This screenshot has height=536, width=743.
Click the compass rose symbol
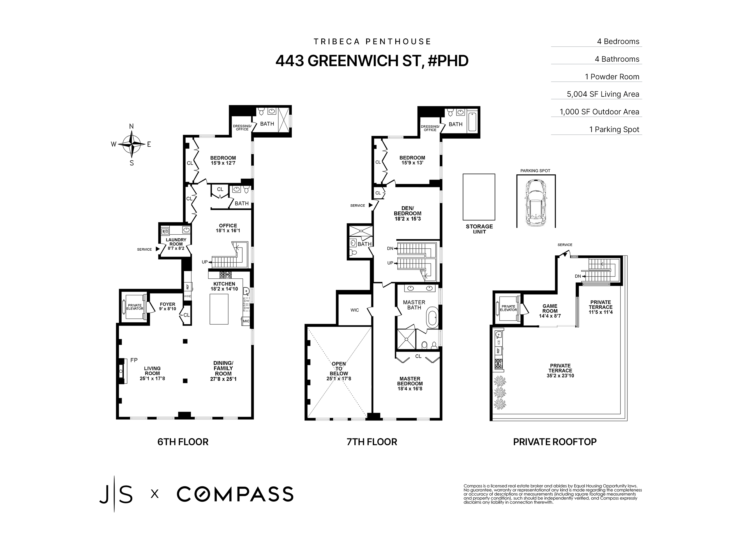pyautogui.click(x=131, y=144)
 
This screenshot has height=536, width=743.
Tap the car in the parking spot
pyautogui.click(x=536, y=202)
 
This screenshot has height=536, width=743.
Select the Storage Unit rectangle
pyautogui.click(x=479, y=197)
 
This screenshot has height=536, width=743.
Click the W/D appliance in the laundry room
pyautogui.click(x=165, y=231)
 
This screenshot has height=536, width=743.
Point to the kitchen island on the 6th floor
pyautogui.click(x=219, y=309)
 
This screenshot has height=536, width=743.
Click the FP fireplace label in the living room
pyautogui.click(x=134, y=360)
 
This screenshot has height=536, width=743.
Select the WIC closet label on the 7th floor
pyautogui.click(x=354, y=310)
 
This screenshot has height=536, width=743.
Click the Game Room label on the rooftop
pyautogui.click(x=550, y=311)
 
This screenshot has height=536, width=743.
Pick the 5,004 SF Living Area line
pyautogui.click(x=603, y=94)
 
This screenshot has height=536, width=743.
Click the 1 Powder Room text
pyautogui.click(x=612, y=77)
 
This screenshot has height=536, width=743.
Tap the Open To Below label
pyautogui.click(x=339, y=369)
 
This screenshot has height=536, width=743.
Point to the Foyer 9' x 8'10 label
pyautogui.click(x=167, y=306)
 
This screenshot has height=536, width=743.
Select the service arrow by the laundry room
pyautogui.click(x=158, y=249)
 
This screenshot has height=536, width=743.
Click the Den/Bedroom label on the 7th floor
pyautogui.click(x=408, y=213)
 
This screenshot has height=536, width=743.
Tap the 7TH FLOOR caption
pyautogui.click(x=371, y=442)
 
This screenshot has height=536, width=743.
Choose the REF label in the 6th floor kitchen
pyautogui.click(x=187, y=286)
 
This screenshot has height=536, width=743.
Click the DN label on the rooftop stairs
pyautogui.click(x=578, y=276)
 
